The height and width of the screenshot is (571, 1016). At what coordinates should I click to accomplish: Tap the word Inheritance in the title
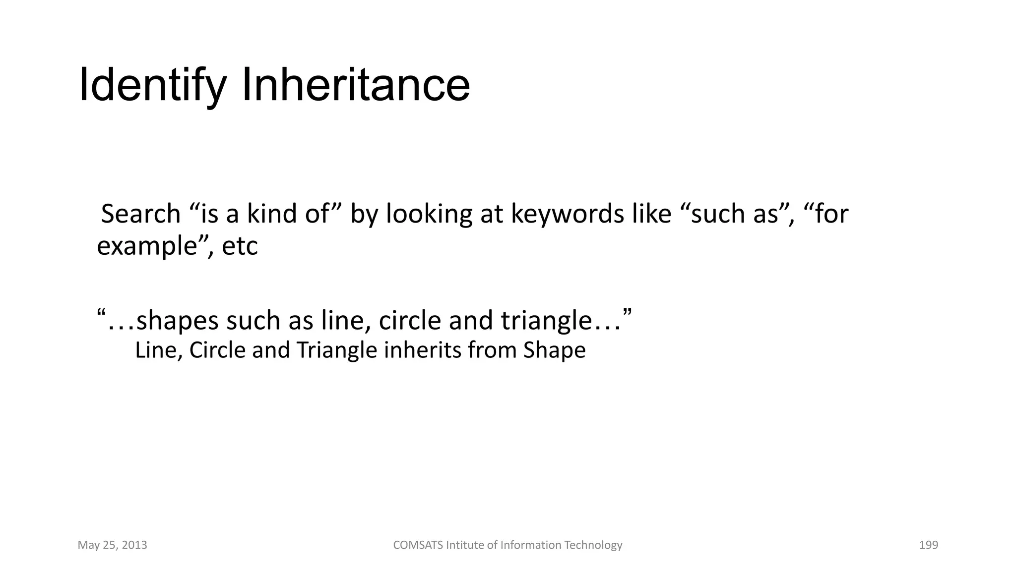point(355,85)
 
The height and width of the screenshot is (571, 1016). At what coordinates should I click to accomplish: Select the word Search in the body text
point(140,214)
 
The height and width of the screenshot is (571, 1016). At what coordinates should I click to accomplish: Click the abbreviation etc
point(240,246)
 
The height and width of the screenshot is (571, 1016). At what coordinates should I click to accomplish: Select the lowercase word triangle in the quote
point(546,321)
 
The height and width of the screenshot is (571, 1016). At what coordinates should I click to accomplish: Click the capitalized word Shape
point(554,350)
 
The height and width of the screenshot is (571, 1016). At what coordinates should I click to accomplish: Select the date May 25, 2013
point(113,545)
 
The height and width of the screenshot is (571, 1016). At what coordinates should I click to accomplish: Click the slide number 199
point(928,545)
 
